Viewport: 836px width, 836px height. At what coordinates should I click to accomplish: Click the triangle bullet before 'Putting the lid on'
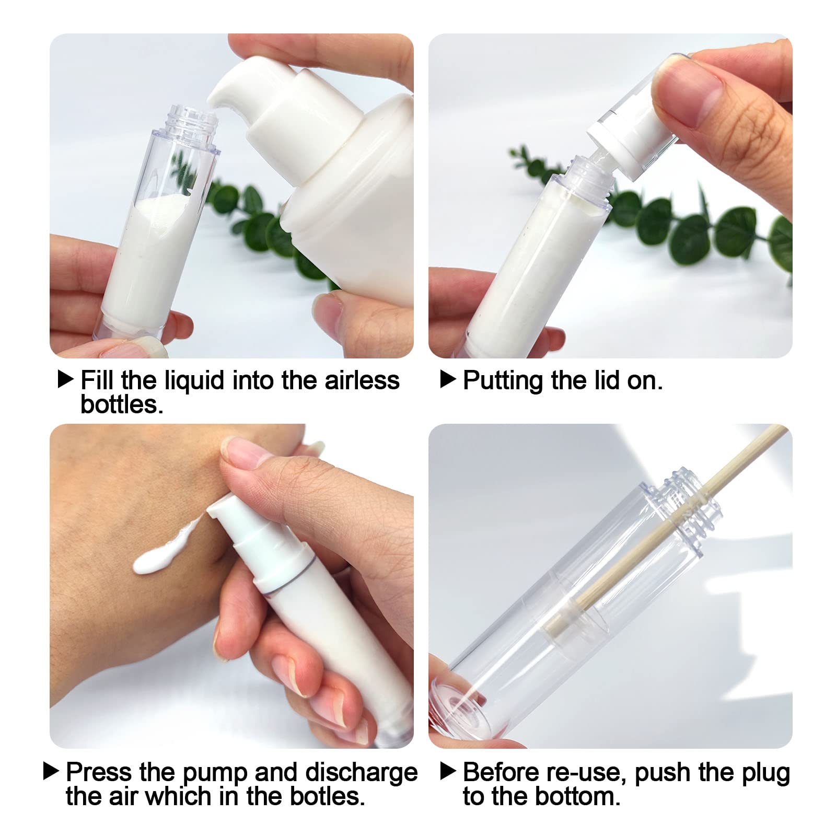click(448, 379)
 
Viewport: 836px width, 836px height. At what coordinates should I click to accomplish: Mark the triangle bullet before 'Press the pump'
click(51, 771)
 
